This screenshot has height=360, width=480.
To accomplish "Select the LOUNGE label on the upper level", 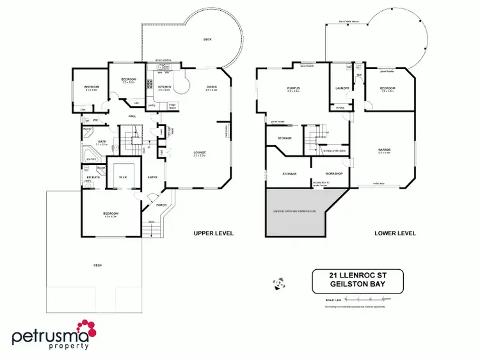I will coord(200,152).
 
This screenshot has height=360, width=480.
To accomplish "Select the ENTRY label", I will coord(152,178).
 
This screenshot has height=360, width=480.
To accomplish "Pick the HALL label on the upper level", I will coord(132,116).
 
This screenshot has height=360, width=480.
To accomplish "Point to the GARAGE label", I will coord(384,150).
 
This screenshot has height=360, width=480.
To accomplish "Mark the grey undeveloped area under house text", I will coord(295,210).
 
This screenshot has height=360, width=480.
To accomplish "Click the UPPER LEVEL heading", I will coord(214,233).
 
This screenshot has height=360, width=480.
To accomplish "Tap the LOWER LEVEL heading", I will coord(395,233).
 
